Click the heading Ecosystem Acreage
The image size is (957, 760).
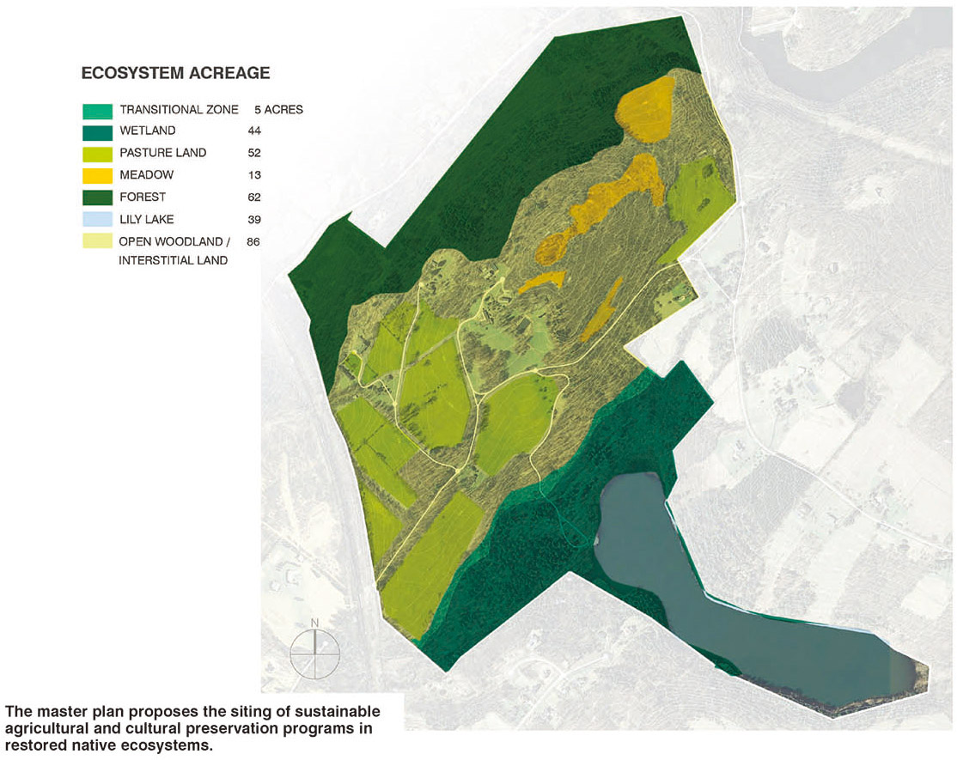(x=175, y=73)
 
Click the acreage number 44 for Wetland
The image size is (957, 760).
(x=253, y=131)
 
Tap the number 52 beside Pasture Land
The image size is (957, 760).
(x=253, y=153)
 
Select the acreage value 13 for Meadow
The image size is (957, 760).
(x=253, y=175)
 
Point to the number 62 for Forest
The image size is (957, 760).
(x=253, y=198)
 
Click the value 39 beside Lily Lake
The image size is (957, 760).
(x=253, y=219)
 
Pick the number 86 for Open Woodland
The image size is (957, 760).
(x=253, y=241)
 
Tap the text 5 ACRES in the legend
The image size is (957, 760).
(x=278, y=110)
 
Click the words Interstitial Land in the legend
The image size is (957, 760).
(x=174, y=260)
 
